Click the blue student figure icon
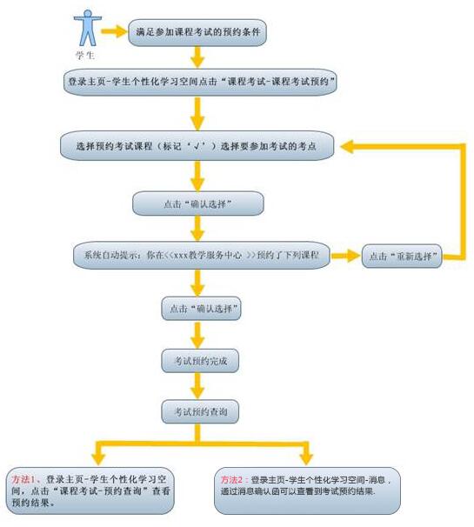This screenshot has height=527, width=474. point(87,28)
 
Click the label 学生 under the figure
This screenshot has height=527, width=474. point(85,55)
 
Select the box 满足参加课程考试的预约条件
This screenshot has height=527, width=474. point(197,32)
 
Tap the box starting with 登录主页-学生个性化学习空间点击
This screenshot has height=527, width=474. point(200,82)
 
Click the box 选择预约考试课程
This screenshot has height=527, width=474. point(197,145)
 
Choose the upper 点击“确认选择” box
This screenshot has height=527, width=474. point(198,203)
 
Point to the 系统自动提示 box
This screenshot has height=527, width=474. point(202,255)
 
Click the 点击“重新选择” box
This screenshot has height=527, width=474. point(402,256)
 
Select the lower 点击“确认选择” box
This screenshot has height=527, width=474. point(202,308)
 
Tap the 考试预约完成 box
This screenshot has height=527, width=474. point(200,361)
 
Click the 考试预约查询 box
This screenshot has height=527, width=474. point(200,411)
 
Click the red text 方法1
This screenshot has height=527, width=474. point(23,479)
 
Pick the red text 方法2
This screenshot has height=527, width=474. point(232,480)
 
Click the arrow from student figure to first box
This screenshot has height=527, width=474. point(115,31)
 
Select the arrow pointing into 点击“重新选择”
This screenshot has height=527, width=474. point(346,256)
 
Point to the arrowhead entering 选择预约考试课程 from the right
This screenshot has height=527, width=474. point(347,147)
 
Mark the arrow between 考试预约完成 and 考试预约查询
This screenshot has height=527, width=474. point(197,386)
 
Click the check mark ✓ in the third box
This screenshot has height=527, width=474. point(197,146)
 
